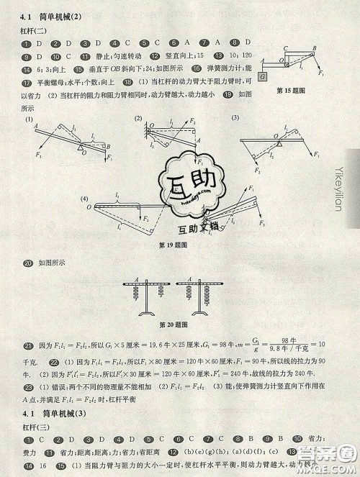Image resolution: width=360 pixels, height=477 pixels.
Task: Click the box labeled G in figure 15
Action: (x=263, y=76)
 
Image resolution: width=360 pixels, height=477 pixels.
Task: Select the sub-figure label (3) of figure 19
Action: (x=235, y=119)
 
